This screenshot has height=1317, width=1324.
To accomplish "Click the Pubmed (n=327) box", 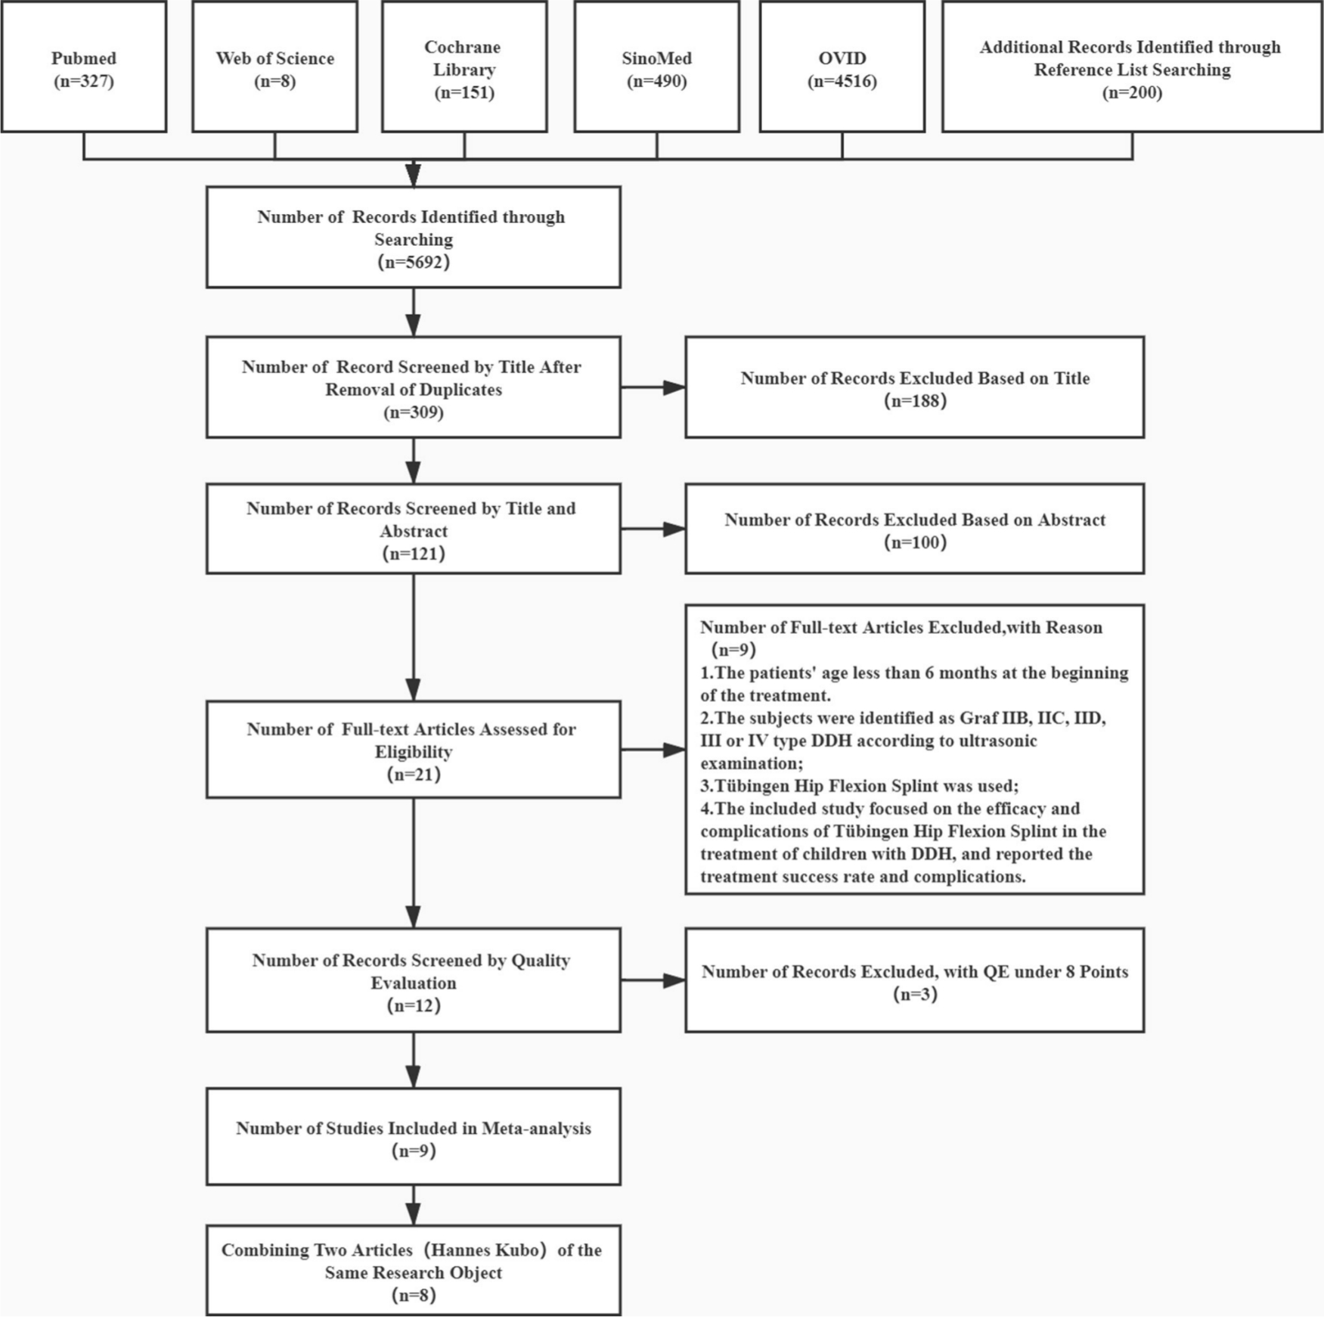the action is [84, 67].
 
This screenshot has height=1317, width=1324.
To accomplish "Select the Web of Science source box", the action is [274, 67].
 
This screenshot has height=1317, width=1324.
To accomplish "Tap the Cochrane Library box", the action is [464, 67].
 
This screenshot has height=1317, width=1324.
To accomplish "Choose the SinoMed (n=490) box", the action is [657, 67].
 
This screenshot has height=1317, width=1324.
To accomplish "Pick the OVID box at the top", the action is [842, 67].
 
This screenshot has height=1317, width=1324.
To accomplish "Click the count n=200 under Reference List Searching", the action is [1132, 92].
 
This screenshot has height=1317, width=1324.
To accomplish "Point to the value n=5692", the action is [414, 262].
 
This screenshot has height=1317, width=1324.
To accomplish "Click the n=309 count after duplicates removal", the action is [414, 412].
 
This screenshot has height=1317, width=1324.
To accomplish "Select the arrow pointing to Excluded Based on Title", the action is [653, 387].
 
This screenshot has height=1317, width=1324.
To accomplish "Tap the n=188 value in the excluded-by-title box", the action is [915, 401].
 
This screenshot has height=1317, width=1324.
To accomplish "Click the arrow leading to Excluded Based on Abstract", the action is [653, 529].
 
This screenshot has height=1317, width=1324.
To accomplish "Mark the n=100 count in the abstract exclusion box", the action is [915, 542].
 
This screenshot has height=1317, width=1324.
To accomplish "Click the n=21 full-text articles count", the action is [414, 775].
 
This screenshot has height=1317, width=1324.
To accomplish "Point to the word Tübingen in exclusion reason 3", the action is [752, 786].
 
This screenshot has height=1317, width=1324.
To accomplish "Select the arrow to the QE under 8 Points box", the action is [653, 980].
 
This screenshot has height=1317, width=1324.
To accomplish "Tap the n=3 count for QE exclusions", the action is [915, 994].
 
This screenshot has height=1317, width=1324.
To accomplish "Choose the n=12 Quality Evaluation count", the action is [414, 1005].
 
